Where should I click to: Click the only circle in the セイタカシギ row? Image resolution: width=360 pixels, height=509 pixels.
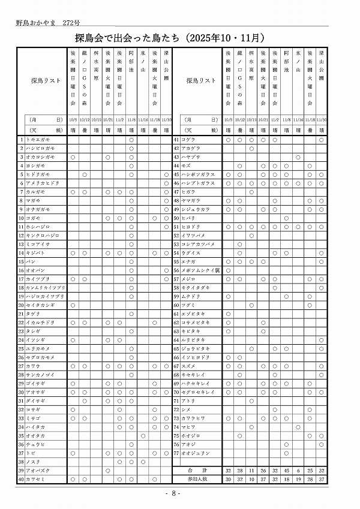pos(73,305)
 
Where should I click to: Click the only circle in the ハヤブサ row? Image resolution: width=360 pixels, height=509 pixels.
pos(298,157)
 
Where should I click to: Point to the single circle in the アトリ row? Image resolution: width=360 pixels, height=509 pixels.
pos(251,400)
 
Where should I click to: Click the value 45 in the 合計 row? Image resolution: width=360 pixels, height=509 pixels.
pos(287,471)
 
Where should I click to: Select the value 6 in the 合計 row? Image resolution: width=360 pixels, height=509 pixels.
pos(298,471)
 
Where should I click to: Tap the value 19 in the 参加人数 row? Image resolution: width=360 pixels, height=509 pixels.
pos(298,479)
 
